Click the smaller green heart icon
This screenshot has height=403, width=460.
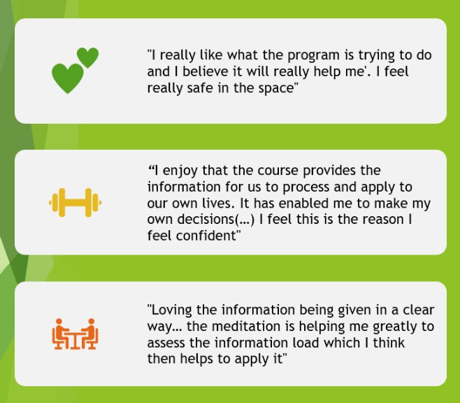point(87,57)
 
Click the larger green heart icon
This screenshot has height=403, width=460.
point(68,78)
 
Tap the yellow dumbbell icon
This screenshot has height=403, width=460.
point(75,202)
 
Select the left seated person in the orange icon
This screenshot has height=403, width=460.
point(61,334)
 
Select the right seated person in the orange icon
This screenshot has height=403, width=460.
point(89,334)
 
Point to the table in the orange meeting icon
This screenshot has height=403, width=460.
point(75,341)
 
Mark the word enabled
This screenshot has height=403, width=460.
point(316,203)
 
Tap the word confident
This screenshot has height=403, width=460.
point(206,235)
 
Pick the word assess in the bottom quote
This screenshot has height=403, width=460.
point(166,344)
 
